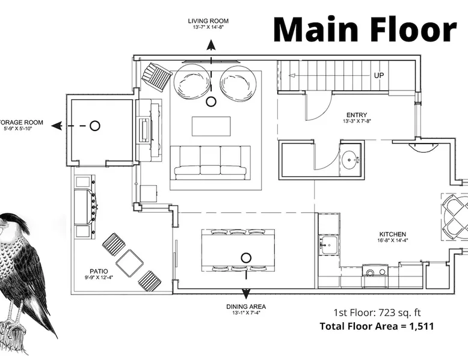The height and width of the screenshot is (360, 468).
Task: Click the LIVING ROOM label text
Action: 208,21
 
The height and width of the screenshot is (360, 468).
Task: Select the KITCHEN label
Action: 392,234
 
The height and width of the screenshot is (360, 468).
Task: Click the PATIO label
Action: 99,271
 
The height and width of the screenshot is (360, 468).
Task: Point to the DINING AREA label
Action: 246,307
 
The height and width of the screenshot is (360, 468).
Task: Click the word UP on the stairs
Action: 379,76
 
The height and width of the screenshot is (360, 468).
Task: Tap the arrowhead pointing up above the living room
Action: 211,45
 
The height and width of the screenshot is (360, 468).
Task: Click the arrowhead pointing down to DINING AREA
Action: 245,294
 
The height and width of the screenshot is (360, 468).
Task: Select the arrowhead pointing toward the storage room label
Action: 57,126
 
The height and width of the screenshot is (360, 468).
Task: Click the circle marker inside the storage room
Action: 95,126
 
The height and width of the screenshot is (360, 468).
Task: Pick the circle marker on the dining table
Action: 246,258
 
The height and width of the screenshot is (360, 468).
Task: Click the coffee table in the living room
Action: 211,126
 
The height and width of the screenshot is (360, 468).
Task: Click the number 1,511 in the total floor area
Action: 422,326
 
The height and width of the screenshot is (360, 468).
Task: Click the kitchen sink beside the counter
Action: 329,245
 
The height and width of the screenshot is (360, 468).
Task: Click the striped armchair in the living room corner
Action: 156,76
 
